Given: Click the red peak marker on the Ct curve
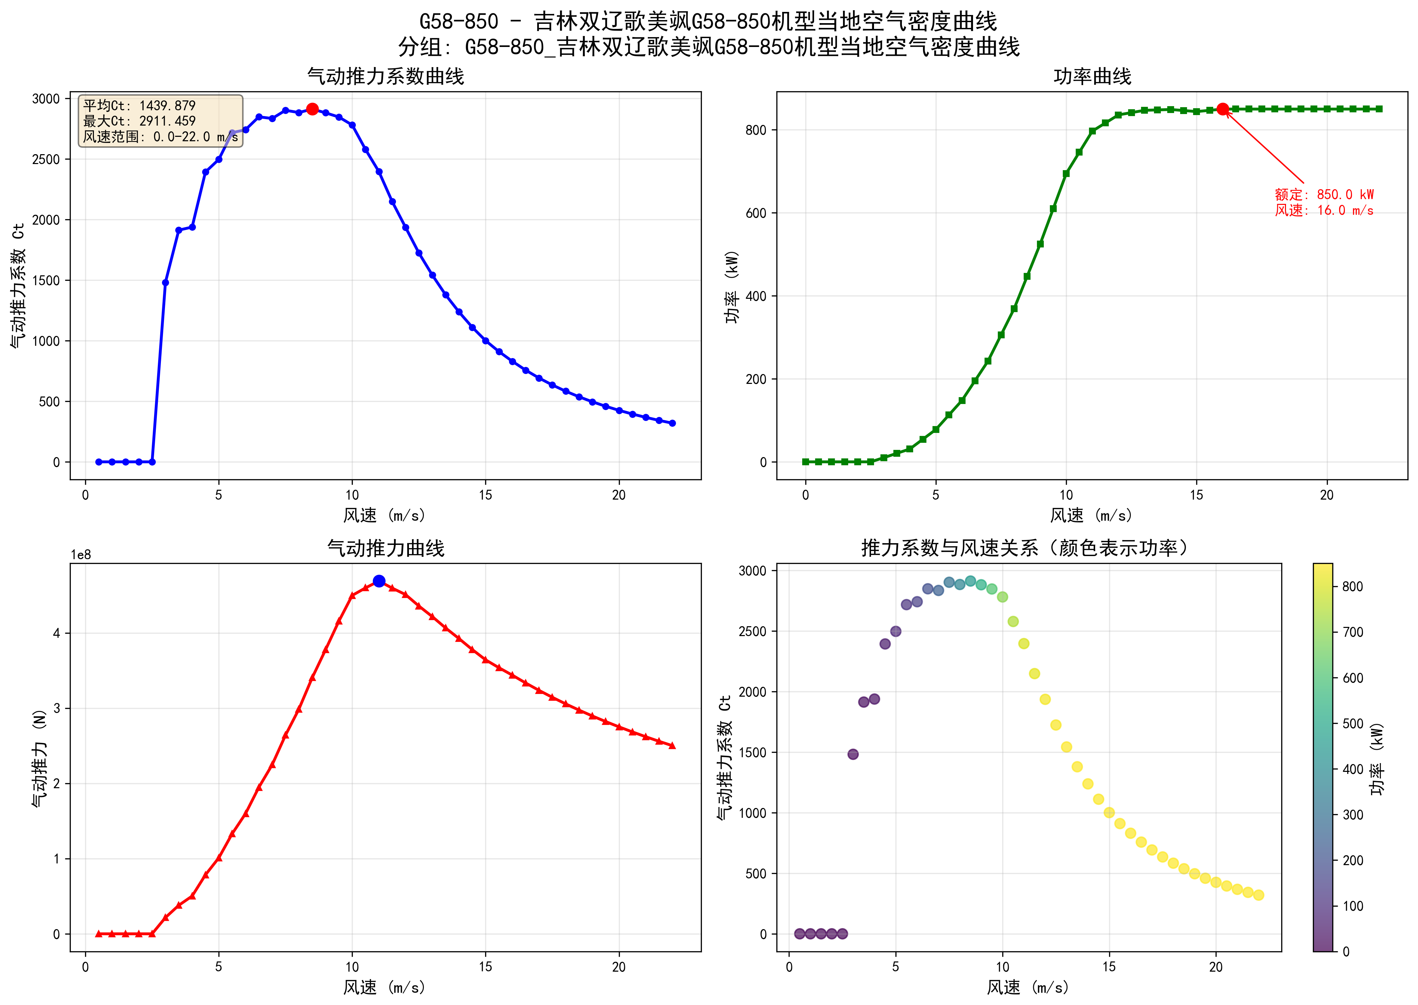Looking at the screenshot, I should pos(312,109).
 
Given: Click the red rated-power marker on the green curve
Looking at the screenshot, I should pos(1222,109).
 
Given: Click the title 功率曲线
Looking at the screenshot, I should pos(1092,77).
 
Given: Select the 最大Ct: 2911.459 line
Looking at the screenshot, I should pos(139,121).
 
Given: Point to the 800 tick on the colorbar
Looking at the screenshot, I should pos(1352,587).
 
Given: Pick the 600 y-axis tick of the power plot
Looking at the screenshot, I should pos(756,213).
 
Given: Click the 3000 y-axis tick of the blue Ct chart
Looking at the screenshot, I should pos(46,99).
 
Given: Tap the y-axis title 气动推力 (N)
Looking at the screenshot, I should pos(39,758).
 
